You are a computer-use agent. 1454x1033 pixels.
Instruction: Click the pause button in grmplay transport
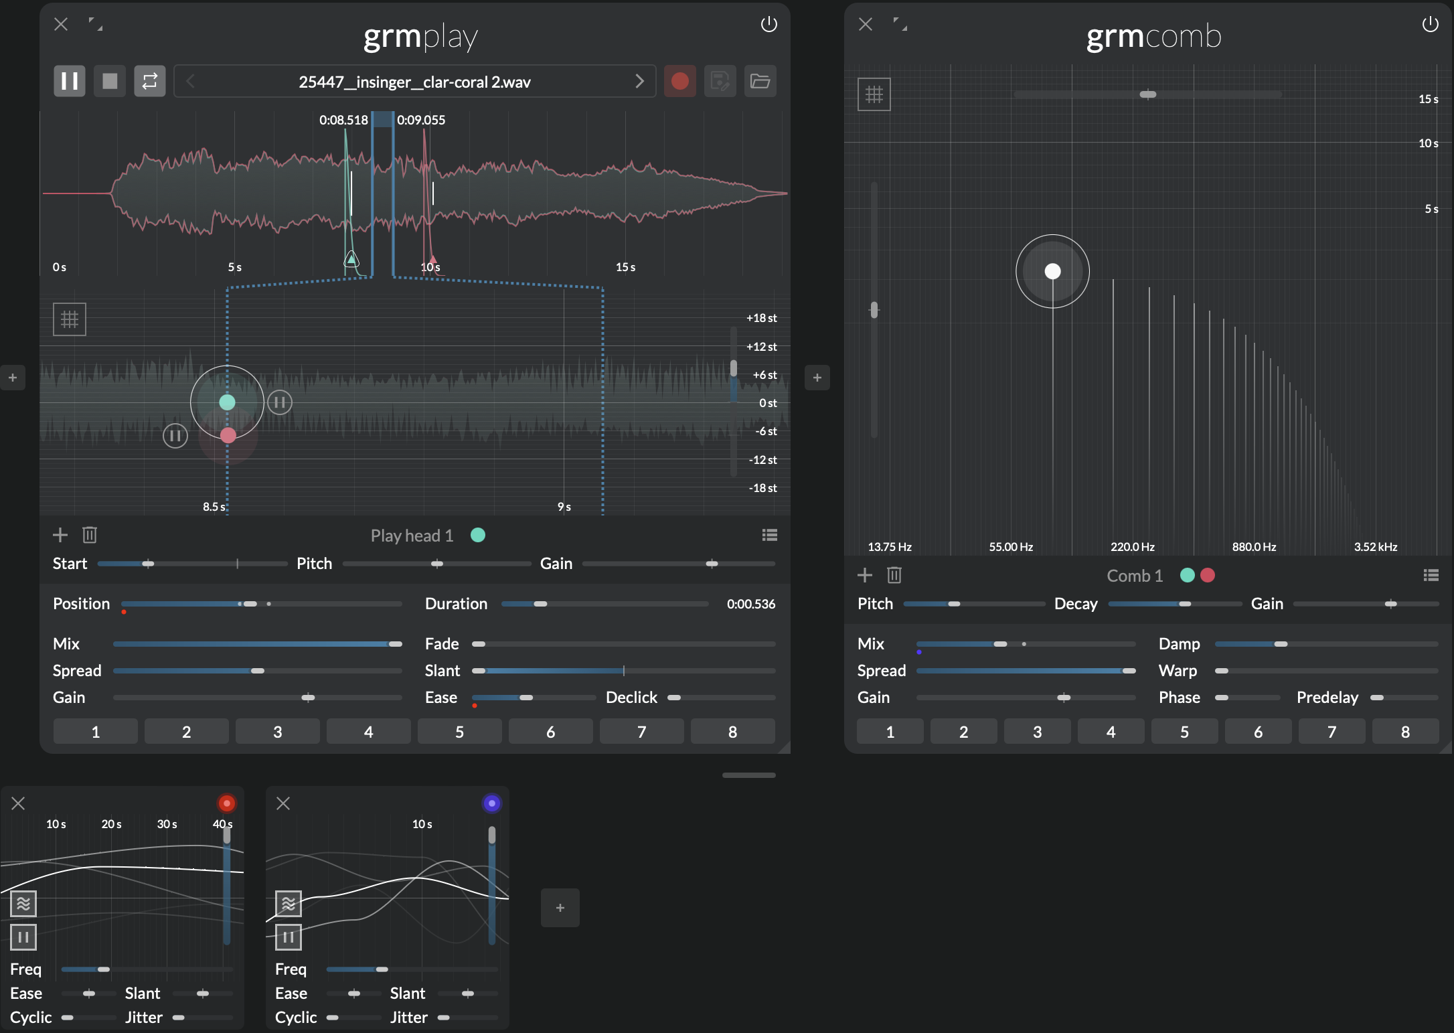point(70,82)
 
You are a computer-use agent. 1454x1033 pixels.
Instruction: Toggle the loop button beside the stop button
point(150,82)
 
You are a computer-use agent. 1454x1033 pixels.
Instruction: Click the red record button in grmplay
point(679,82)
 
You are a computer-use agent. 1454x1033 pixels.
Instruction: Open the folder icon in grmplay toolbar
point(760,82)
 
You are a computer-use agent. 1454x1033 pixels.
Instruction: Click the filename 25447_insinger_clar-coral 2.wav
point(414,82)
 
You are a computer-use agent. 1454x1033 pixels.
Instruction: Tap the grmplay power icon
point(769,25)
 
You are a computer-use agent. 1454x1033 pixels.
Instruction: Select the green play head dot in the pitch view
point(228,402)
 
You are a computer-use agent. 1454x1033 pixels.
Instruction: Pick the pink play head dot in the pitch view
point(228,436)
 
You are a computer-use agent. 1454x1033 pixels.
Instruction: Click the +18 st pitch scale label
point(762,318)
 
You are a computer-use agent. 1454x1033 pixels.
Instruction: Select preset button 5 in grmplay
point(459,732)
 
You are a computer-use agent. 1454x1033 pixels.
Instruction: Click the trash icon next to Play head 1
point(90,535)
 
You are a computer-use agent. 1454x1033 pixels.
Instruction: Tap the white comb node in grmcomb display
point(1052,271)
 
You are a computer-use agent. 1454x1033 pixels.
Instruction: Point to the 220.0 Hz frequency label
point(1133,547)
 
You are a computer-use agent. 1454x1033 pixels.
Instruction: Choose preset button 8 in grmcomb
point(1405,732)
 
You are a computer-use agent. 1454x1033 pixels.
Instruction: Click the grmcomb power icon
point(1431,25)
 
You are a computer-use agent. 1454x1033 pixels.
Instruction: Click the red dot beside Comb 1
point(1208,575)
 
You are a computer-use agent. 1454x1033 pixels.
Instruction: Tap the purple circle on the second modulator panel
point(492,803)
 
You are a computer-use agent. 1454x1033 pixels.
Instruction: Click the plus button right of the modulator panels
point(560,908)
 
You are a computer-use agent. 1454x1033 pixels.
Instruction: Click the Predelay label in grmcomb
point(1327,698)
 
